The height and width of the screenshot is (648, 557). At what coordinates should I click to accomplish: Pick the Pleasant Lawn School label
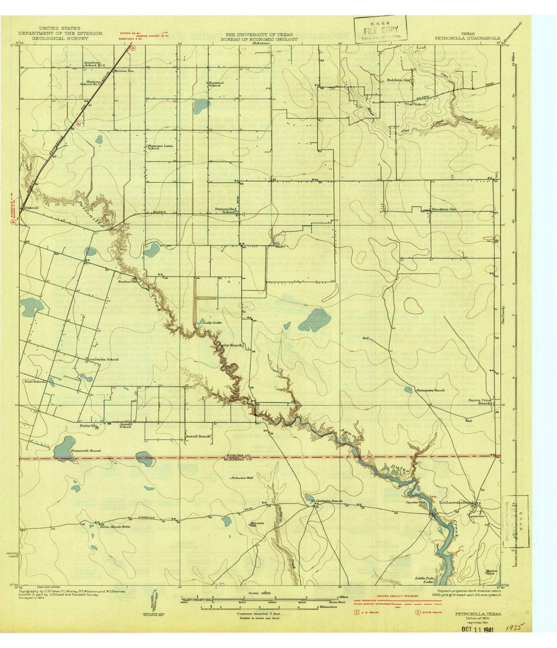(x=160, y=147)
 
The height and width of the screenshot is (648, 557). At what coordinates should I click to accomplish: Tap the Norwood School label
(x=215, y=84)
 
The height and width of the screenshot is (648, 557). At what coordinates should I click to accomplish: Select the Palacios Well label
(x=242, y=478)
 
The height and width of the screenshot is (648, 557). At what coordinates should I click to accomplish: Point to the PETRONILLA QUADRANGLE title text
(x=459, y=38)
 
